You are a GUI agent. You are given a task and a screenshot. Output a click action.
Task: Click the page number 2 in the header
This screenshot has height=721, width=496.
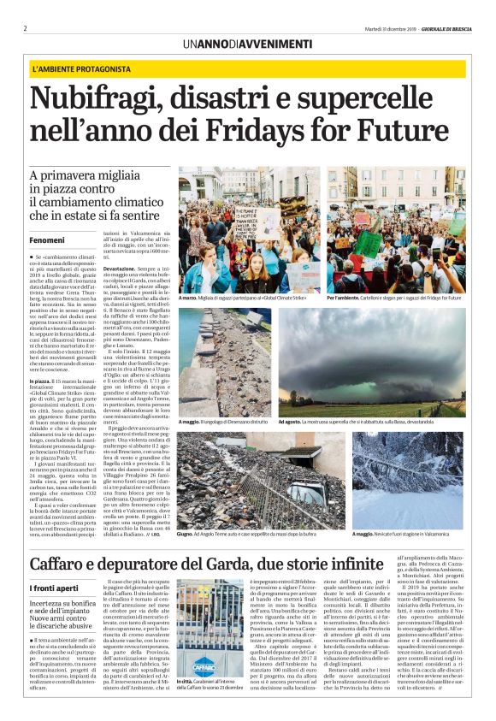25,27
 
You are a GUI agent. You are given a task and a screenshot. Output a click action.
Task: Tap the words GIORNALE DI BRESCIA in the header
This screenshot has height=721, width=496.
446,27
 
